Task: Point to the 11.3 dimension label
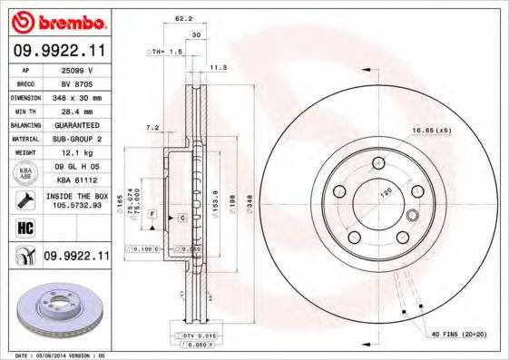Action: click(x=218, y=67)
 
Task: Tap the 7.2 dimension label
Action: click(x=152, y=128)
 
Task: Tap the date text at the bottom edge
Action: click(x=59, y=355)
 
